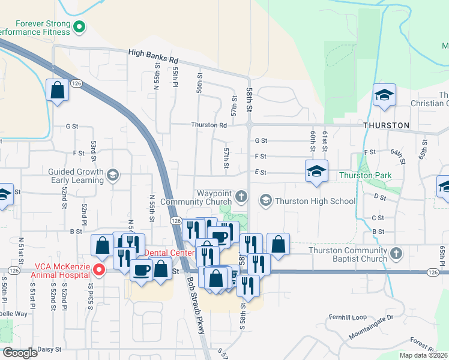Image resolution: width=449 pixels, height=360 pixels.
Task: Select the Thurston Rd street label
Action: click(x=209, y=125)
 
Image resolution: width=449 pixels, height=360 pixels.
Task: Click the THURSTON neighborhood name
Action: click(x=386, y=125)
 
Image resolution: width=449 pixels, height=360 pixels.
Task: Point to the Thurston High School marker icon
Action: click(x=265, y=200)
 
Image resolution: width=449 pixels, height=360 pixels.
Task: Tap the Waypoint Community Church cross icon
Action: click(x=241, y=196)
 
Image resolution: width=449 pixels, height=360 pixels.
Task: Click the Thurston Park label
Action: click(x=365, y=175)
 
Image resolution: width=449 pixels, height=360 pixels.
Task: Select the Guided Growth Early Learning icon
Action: click(x=112, y=175)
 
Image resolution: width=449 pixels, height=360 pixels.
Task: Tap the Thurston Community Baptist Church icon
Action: click(x=395, y=254)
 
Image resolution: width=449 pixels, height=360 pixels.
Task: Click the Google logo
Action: click(x=20, y=353)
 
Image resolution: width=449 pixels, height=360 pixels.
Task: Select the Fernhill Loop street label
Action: click(x=347, y=317)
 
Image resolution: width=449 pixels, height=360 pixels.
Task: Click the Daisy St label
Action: click(x=49, y=349)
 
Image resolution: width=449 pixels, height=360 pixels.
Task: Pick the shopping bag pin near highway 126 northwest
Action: click(x=57, y=91)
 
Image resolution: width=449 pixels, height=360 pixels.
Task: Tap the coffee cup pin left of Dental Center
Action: click(x=141, y=271)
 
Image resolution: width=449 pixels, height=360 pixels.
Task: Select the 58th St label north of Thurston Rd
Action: click(x=250, y=95)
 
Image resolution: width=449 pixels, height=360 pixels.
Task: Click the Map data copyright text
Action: click(x=423, y=355)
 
